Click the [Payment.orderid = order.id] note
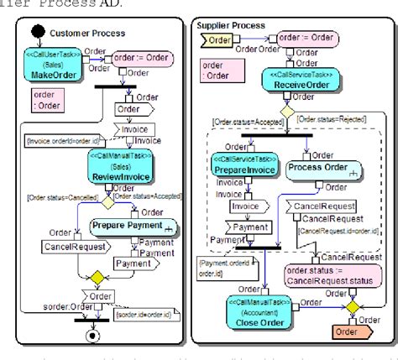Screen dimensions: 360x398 (x=219, y=267)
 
